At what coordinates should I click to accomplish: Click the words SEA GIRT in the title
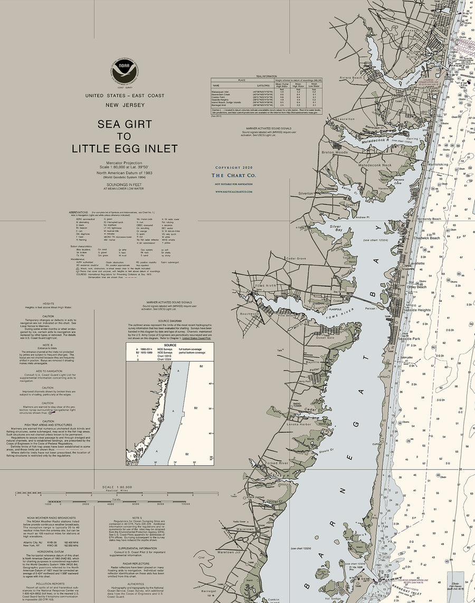(x=125, y=125)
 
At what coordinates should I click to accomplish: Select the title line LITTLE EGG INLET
(x=125, y=149)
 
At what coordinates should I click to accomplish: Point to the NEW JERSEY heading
(x=125, y=106)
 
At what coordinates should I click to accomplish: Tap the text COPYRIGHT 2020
(x=234, y=167)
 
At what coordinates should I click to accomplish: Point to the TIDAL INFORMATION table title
(x=267, y=77)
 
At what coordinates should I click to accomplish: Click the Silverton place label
(x=306, y=194)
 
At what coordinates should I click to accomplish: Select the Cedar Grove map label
(x=296, y=258)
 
